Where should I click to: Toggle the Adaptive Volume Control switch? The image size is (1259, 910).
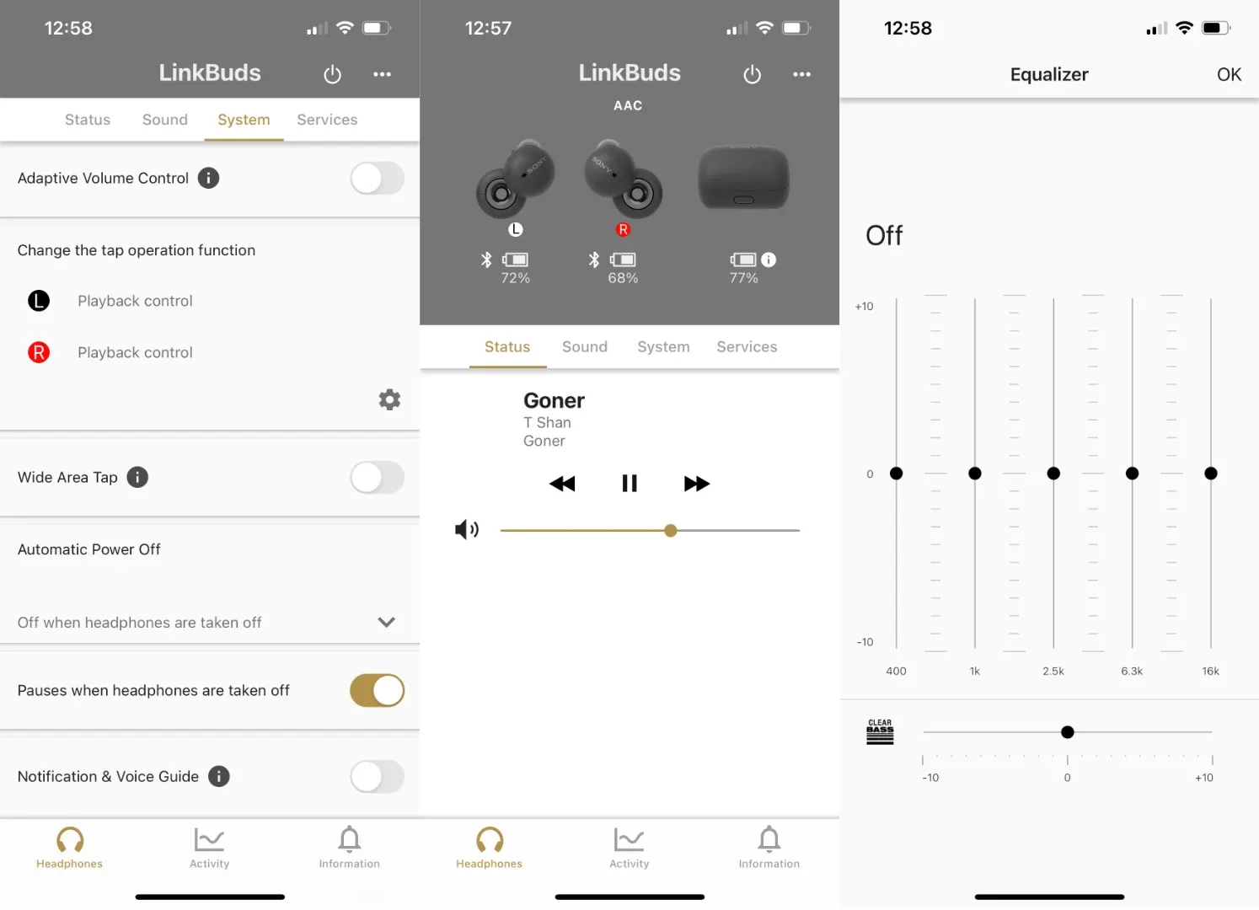377,179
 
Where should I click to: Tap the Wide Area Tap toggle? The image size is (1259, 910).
377,478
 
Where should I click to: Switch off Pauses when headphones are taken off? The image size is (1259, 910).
377,691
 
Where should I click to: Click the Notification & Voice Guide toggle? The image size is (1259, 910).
377,777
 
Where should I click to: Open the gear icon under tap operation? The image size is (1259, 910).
389,399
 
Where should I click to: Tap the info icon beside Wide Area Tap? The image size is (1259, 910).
137,478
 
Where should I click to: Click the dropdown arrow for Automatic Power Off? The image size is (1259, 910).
387,623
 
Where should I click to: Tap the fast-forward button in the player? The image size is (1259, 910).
696,484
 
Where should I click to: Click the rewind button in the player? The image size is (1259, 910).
562,484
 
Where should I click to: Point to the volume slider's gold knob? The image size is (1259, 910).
671,531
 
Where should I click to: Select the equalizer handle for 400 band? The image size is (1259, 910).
897,474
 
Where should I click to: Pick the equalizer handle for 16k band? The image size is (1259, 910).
1211,474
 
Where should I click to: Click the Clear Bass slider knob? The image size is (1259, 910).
1068,732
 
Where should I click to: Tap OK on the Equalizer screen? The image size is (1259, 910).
1229,75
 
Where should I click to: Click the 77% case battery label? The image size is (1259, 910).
743,278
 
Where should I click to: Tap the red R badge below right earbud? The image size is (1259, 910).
624,229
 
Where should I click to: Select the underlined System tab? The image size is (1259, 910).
244,120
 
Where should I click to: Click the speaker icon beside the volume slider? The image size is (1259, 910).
467,529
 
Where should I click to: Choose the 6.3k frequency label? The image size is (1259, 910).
1132,672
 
